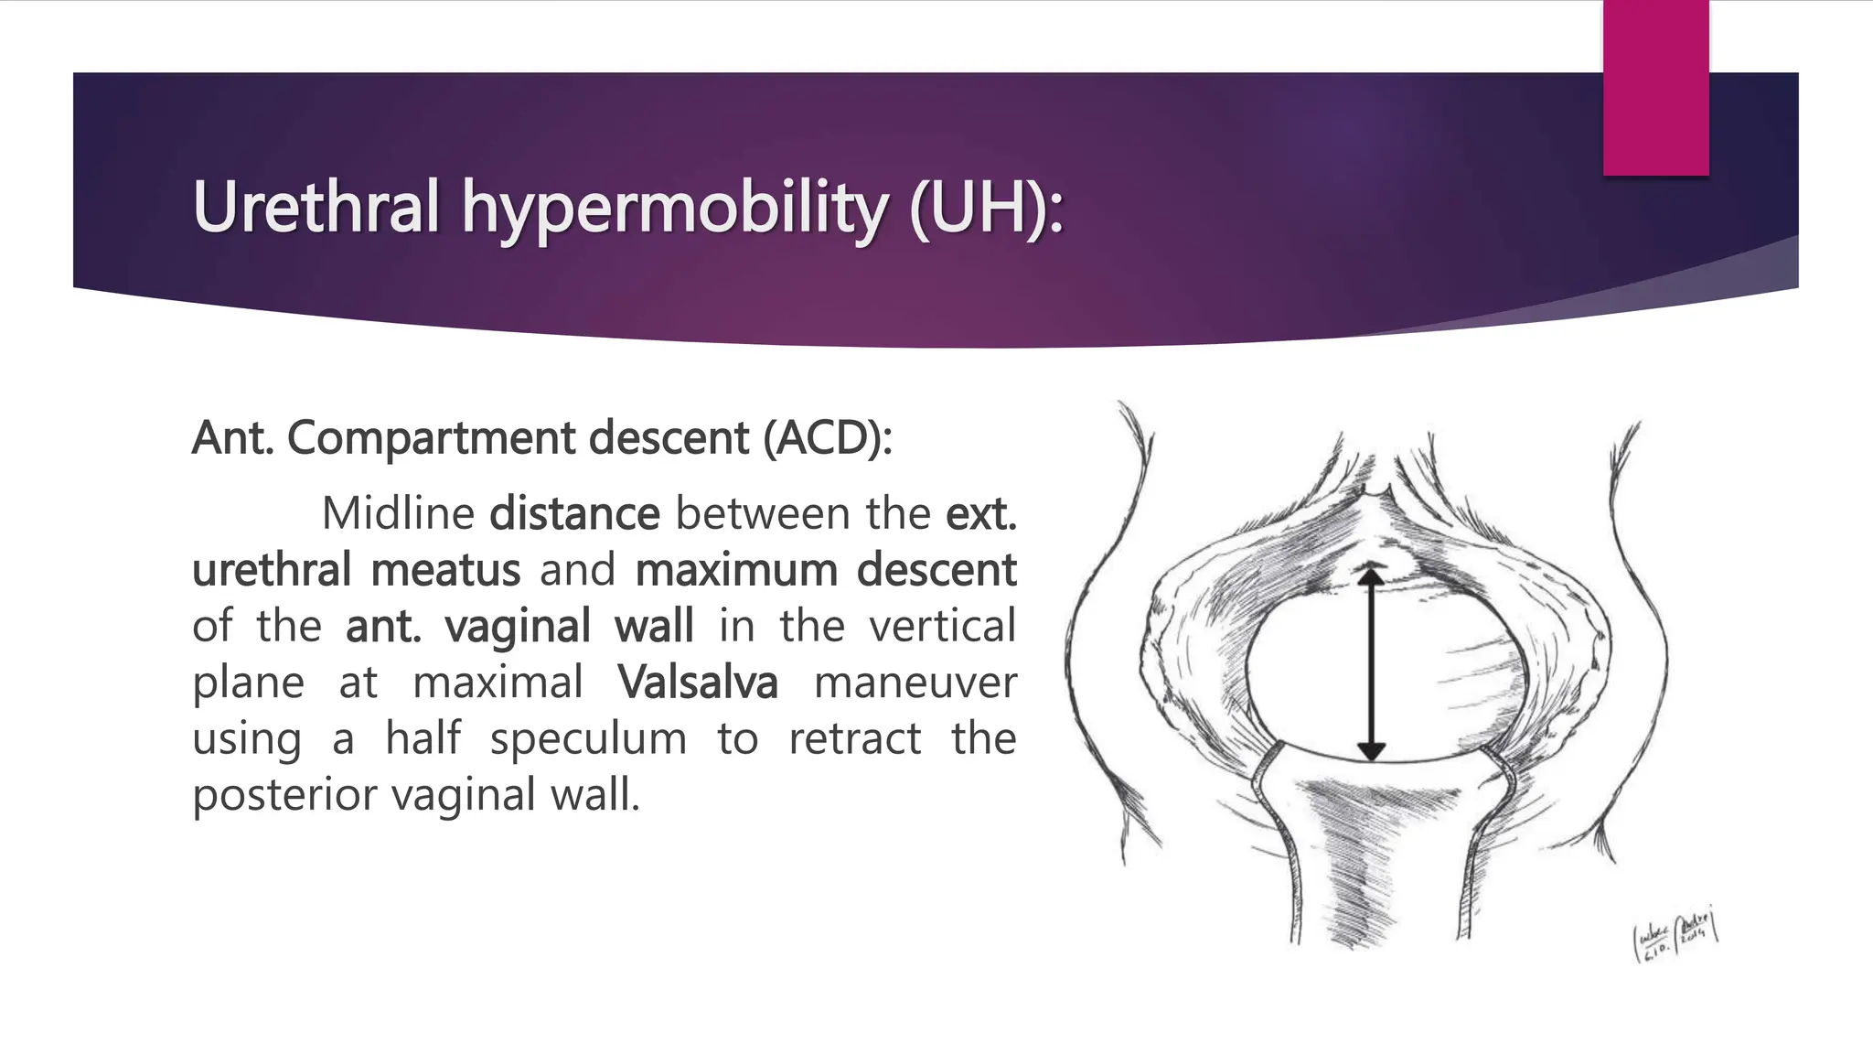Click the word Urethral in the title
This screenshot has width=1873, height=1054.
pos(316,207)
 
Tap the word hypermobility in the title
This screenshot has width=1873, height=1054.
pos(674,209)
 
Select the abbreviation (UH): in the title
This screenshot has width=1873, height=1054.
pos(987,209)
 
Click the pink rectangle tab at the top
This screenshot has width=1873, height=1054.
pos(1655,87)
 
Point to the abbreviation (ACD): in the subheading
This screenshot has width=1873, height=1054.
pos(827,437)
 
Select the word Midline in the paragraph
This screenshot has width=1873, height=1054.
pos(397,513)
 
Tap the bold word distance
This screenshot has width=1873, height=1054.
pos(574,513)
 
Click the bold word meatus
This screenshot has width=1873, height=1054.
pos(445,570)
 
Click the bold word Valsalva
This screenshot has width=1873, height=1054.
pos(697,683)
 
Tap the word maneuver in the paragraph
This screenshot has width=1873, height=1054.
pos(915,683)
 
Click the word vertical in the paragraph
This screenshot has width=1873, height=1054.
pos(942,627)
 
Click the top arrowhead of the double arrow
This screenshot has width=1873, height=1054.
pos(1370,576)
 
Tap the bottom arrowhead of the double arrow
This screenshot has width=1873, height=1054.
pos(1370,751)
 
